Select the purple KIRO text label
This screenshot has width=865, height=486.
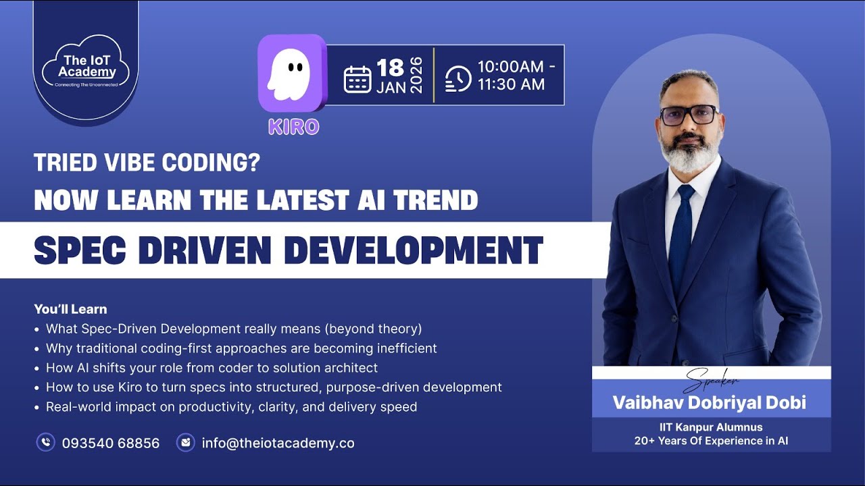coord(293,127)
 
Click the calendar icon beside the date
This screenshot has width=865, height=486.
coord(357,79)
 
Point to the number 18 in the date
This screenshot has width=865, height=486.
coord(390,67)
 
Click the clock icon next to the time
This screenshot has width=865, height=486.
coord(459,78)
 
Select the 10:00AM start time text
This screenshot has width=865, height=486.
coord(510,67)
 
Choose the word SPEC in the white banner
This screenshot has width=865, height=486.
coord(74,250)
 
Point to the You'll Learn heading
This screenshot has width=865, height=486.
coord(70,309)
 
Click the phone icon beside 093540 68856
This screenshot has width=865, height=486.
coord(45,443)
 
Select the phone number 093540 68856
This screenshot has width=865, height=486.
coord(111,443)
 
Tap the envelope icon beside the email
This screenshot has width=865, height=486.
coord(185,443)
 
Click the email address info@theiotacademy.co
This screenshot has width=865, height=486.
coord(278,443)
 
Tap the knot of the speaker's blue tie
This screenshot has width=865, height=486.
coord(685,192)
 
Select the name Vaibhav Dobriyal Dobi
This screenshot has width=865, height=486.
coord(709,403)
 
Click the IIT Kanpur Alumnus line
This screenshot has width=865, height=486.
coord(711,427)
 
